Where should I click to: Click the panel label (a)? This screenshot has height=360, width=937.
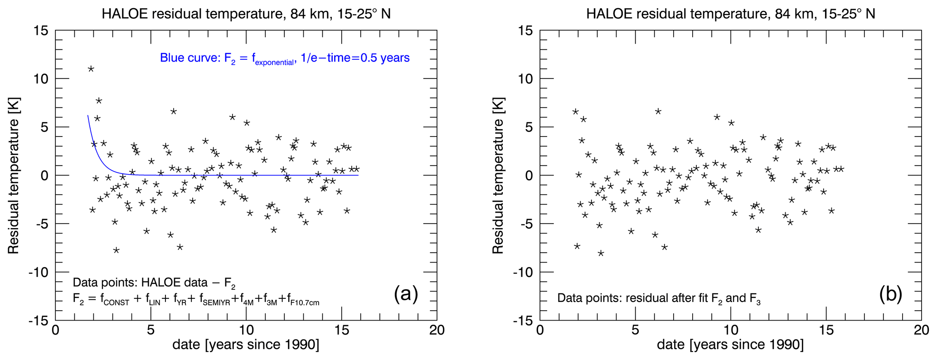pyautogui.click(x=406, y=294)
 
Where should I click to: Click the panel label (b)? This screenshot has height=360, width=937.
pyautogui.click(x=890, y=294)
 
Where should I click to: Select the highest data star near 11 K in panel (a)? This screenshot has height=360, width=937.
pyautogui.click(x=91, y=69)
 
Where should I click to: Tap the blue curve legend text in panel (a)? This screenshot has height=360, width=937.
pyautogui.click(x=285, y=58)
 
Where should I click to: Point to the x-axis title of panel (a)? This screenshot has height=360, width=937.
pyautogui.click(x=246, y=345)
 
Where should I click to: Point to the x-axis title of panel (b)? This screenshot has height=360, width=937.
pyautogui.click(x=730, y=345)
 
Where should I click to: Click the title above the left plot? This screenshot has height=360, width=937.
pyautogui.click(x=246, y=14)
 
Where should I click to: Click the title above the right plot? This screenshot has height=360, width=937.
pyautogui.click(x=731, y=14)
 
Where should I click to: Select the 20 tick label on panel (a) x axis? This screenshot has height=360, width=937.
pyautogui.click(x=437, y=330)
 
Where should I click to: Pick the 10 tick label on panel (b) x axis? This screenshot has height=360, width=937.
pyautogui.click(x=730, y=330)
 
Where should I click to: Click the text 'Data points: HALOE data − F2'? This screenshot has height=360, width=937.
pyautogui.click(x=154, y=283)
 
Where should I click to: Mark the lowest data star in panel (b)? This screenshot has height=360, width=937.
pyautogui.click(x=601, y=253)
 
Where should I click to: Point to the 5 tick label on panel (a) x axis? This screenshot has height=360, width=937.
pyautogui.click(x=151, y=330)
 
